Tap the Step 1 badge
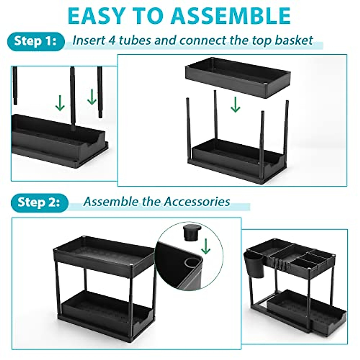(35, 41)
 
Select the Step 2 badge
(39, 202)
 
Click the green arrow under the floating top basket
(235, 105)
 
